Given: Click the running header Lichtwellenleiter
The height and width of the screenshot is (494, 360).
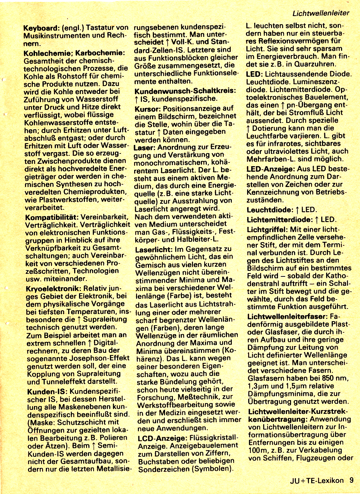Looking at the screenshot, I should pos(320,13).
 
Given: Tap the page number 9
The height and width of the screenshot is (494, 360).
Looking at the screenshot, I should pos(351,480).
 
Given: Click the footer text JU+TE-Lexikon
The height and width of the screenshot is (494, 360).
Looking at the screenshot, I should pos(317,481).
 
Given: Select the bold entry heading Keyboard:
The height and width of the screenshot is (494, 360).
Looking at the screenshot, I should pos(41,28).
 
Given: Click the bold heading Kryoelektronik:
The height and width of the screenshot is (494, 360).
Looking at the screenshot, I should pos(53,289).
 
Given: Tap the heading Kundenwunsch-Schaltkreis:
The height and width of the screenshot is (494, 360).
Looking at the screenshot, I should pos(185,91).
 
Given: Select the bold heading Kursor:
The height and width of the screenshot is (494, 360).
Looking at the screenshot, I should pos(148,108).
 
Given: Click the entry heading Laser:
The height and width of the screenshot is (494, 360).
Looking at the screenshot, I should pos(144,148).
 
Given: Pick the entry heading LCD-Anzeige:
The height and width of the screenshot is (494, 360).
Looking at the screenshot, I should pos(162,438).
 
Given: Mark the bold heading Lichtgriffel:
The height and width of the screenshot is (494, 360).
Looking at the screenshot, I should pos(267,230).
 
